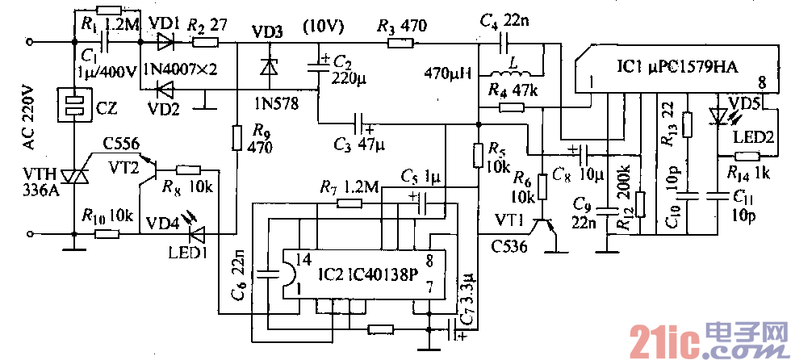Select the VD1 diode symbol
coord(165,41)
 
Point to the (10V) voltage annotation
coord(323,26)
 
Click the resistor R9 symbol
coord(237,137)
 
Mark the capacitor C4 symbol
coord(507,41)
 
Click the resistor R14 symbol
coord(747,157)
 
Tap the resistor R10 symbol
coord(107,234)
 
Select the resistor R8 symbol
coord(189,170)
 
